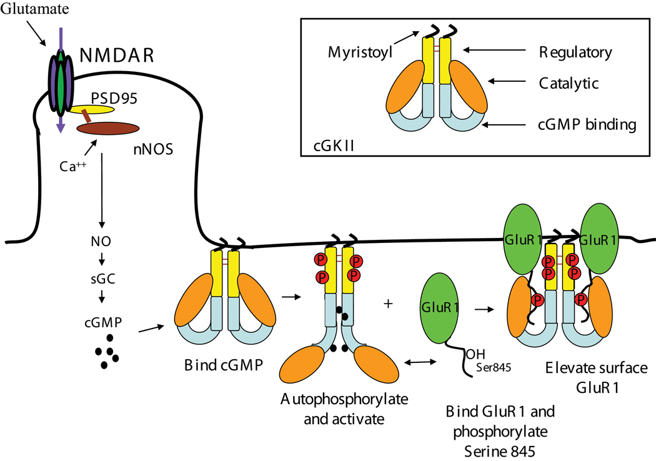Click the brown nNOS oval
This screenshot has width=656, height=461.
pos(107,127)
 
